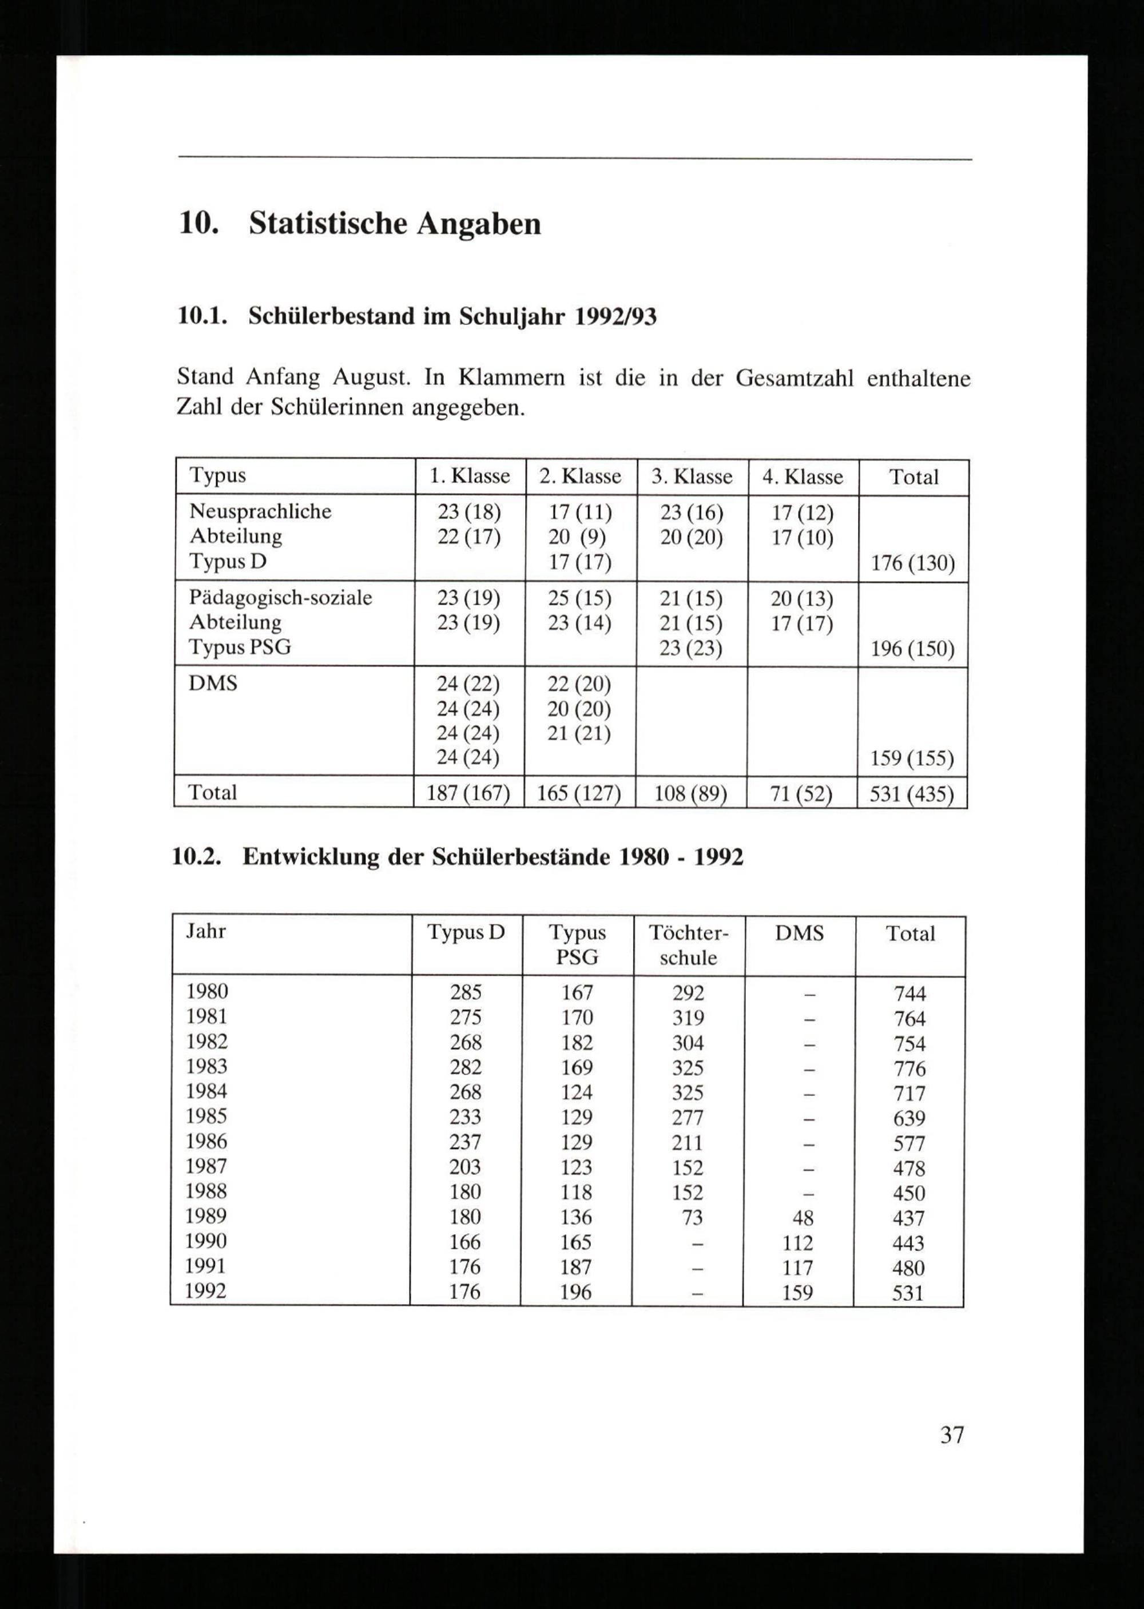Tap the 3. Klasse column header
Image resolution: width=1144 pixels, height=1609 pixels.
692,477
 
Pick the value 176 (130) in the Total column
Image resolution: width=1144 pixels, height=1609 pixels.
912,563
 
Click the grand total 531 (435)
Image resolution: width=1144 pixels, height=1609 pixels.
912,794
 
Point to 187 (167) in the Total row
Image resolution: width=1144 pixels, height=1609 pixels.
468,794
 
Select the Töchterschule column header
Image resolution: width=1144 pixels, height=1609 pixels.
688,945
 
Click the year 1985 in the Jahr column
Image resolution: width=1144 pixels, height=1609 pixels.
206,1116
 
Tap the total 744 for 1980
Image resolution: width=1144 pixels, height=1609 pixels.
909,994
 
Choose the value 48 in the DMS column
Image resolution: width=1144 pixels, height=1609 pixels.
803,1217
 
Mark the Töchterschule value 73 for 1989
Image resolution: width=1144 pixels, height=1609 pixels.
693,1217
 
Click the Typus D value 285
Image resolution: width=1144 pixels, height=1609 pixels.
466,992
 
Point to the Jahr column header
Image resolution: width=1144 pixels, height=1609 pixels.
206,931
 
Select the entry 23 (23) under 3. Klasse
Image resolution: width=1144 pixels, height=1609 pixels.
690,648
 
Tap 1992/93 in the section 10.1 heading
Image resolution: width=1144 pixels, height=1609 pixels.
615,316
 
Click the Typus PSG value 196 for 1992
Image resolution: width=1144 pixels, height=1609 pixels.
576,1292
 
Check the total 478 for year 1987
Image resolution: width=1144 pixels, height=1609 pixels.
909,1168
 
